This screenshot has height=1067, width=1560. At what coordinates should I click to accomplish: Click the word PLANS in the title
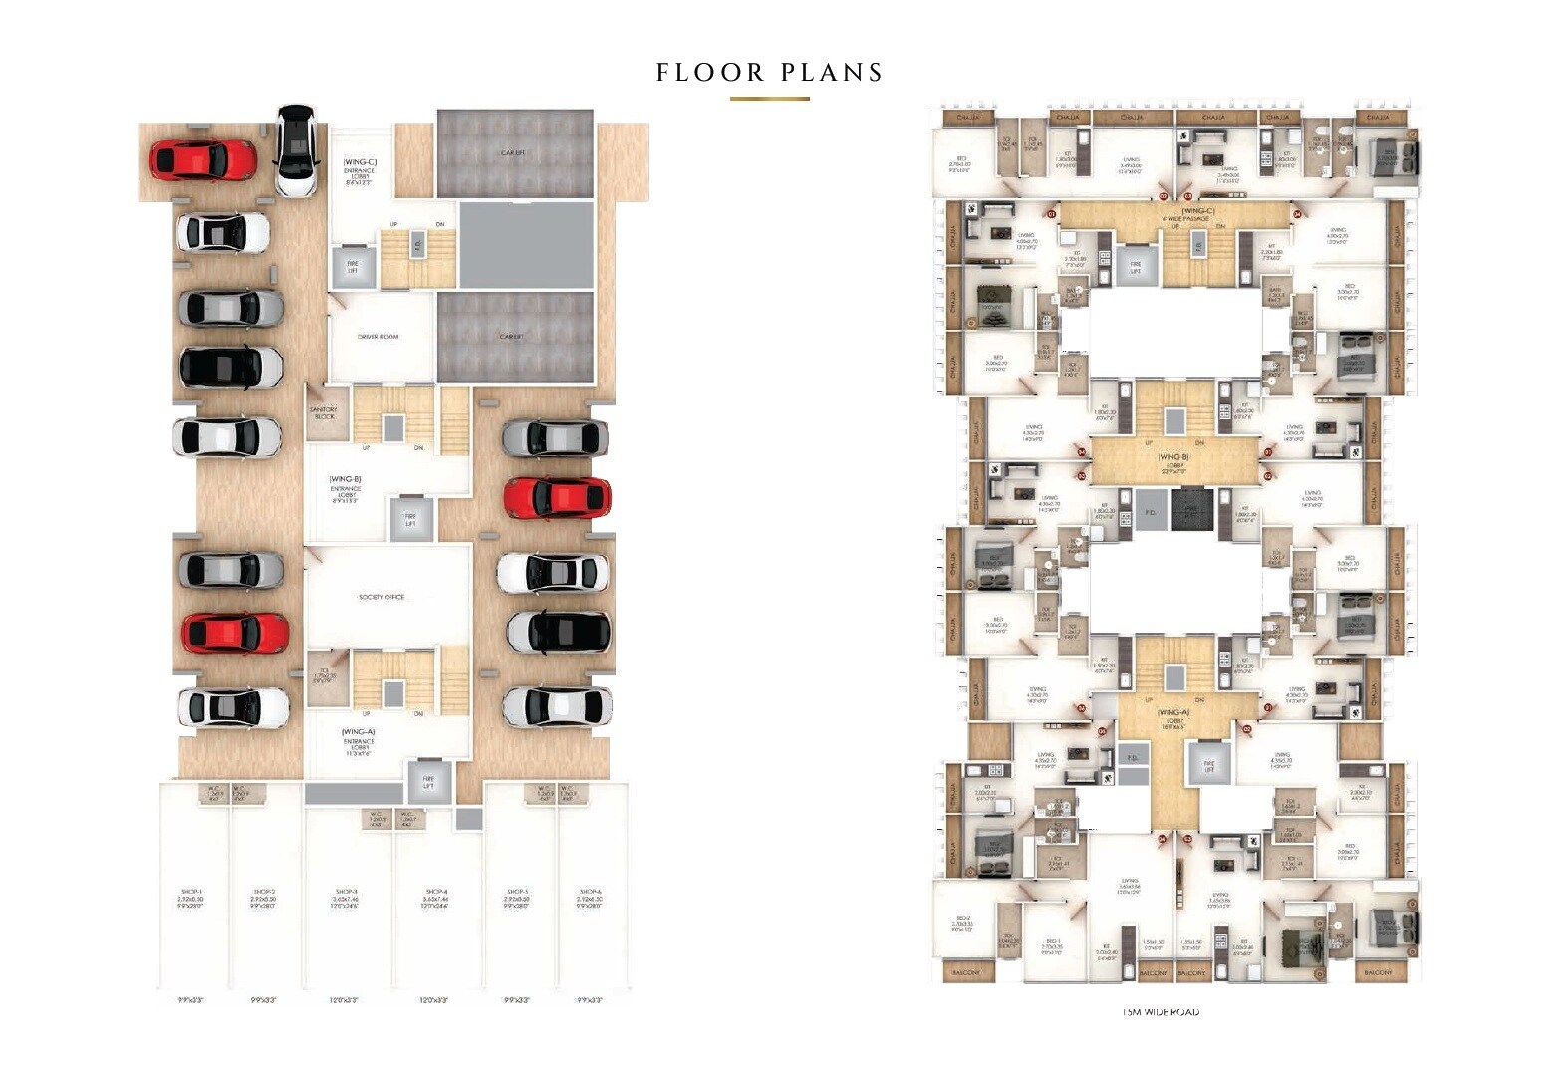point(832,73)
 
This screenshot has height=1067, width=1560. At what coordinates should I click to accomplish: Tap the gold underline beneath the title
point(769,99)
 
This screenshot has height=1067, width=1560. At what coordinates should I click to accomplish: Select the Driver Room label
point(378,337)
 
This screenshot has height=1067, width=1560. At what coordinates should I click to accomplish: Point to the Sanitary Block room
point(324,412)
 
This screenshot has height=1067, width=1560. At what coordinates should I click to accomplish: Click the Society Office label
point(382,597)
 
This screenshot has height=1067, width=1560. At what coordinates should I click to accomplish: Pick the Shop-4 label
point(435,896)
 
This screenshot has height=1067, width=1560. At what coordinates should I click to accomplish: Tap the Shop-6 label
point(590,896)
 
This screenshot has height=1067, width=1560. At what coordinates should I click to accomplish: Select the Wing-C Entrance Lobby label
point(358,171)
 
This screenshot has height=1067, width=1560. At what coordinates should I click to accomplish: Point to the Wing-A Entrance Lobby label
point(359,742)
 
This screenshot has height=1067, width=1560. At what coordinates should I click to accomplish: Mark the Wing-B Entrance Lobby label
point(345,489)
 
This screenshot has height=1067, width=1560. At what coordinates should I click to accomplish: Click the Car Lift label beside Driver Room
point(512,337)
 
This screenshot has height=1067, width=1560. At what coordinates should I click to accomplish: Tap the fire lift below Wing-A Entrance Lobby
point(428,781)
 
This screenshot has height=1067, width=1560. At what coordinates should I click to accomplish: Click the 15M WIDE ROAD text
point(1161,1012)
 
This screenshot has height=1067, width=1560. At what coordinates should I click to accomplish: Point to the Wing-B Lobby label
point(1173,460)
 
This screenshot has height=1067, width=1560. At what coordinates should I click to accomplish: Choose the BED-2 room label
point(963,923)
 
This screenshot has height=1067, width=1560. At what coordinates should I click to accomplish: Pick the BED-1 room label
point(1050,942)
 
